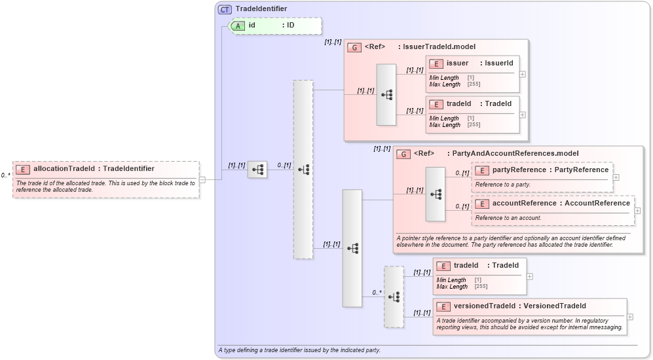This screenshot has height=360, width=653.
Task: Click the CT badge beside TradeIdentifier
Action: pyautogui.click(x=225, y=9)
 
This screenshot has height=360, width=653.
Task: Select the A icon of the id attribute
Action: pyautogui.click(x=239, y=26)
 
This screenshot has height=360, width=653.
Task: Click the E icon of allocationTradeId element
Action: pyautogui.click(x=23, y=169)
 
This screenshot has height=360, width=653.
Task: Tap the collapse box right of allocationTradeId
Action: pyautogui.click(x=203, y=179)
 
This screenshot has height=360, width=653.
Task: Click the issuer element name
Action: pyautogui.click(x=457, y=63)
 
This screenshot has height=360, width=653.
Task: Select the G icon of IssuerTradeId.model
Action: pyautogui.click(x=354, y=47)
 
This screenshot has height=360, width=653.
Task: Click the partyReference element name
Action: pyautogui.click(x=519, y=170)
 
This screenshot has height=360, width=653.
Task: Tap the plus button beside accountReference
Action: pyautogui.click(x=637, y=211)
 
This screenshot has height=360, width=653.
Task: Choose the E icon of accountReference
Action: pyautogui.click(x=481, y=204)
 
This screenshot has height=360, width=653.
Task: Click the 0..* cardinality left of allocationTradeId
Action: pyautogui.click(x=5, y=175)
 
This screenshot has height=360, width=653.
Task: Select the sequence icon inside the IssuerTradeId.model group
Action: pyautogui.click(x=386, y=95)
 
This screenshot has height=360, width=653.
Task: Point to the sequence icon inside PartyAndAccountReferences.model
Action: pyautogui.click(x=436, y=194)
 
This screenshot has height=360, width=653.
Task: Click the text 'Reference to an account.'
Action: pyautogui.click(x=508, y=217)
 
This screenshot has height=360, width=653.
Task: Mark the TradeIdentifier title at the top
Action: pyautogui.click(x=261, y=9)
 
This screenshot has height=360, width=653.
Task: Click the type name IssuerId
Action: pyautogui.click(x=500, y=63)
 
